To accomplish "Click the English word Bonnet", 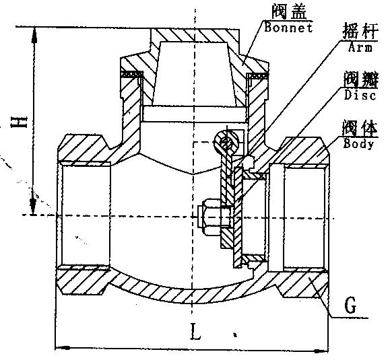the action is (288, 28).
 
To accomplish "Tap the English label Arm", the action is (360, 47).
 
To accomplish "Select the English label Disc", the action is (360, 95).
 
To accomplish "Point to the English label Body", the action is (358, 143).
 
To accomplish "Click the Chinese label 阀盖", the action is (289, 11).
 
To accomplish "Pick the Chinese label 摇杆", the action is (360, 31).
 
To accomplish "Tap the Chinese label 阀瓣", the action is (361, 79).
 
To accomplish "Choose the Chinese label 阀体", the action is (360, 128).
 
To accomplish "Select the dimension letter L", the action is (195, 331).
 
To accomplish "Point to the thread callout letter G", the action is (350, 305).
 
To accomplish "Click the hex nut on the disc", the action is (209, 217).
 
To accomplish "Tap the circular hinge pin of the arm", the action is (226, 143).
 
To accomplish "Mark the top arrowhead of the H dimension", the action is (34, 36).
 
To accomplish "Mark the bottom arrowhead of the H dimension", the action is (33, 205).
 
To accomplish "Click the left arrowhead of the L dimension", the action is (63, 348).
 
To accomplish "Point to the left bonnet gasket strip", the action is (132, 74).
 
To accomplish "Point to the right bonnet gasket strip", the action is (257, 75).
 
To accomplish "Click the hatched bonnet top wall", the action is (195, 35).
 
